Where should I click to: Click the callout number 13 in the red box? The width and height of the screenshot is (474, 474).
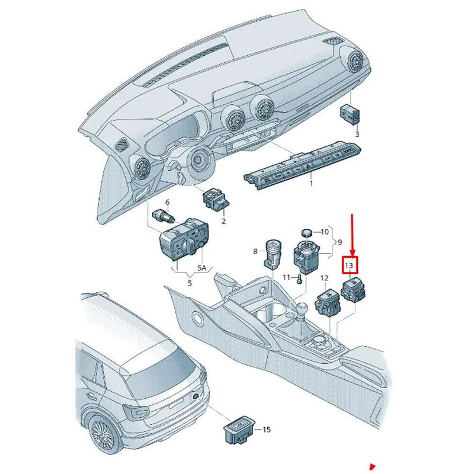tap(350, 265)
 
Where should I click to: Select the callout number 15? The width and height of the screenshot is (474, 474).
tap(266, 429)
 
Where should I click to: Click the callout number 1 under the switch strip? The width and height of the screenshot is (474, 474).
tap(310, 184)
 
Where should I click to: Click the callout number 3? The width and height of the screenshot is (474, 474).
tap(357, 134)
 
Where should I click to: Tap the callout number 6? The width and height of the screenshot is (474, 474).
tap(167, 203)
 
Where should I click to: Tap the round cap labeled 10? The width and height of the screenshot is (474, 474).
tap(307, 232)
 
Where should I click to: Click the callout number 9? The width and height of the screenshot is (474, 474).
tap(341, 242)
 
